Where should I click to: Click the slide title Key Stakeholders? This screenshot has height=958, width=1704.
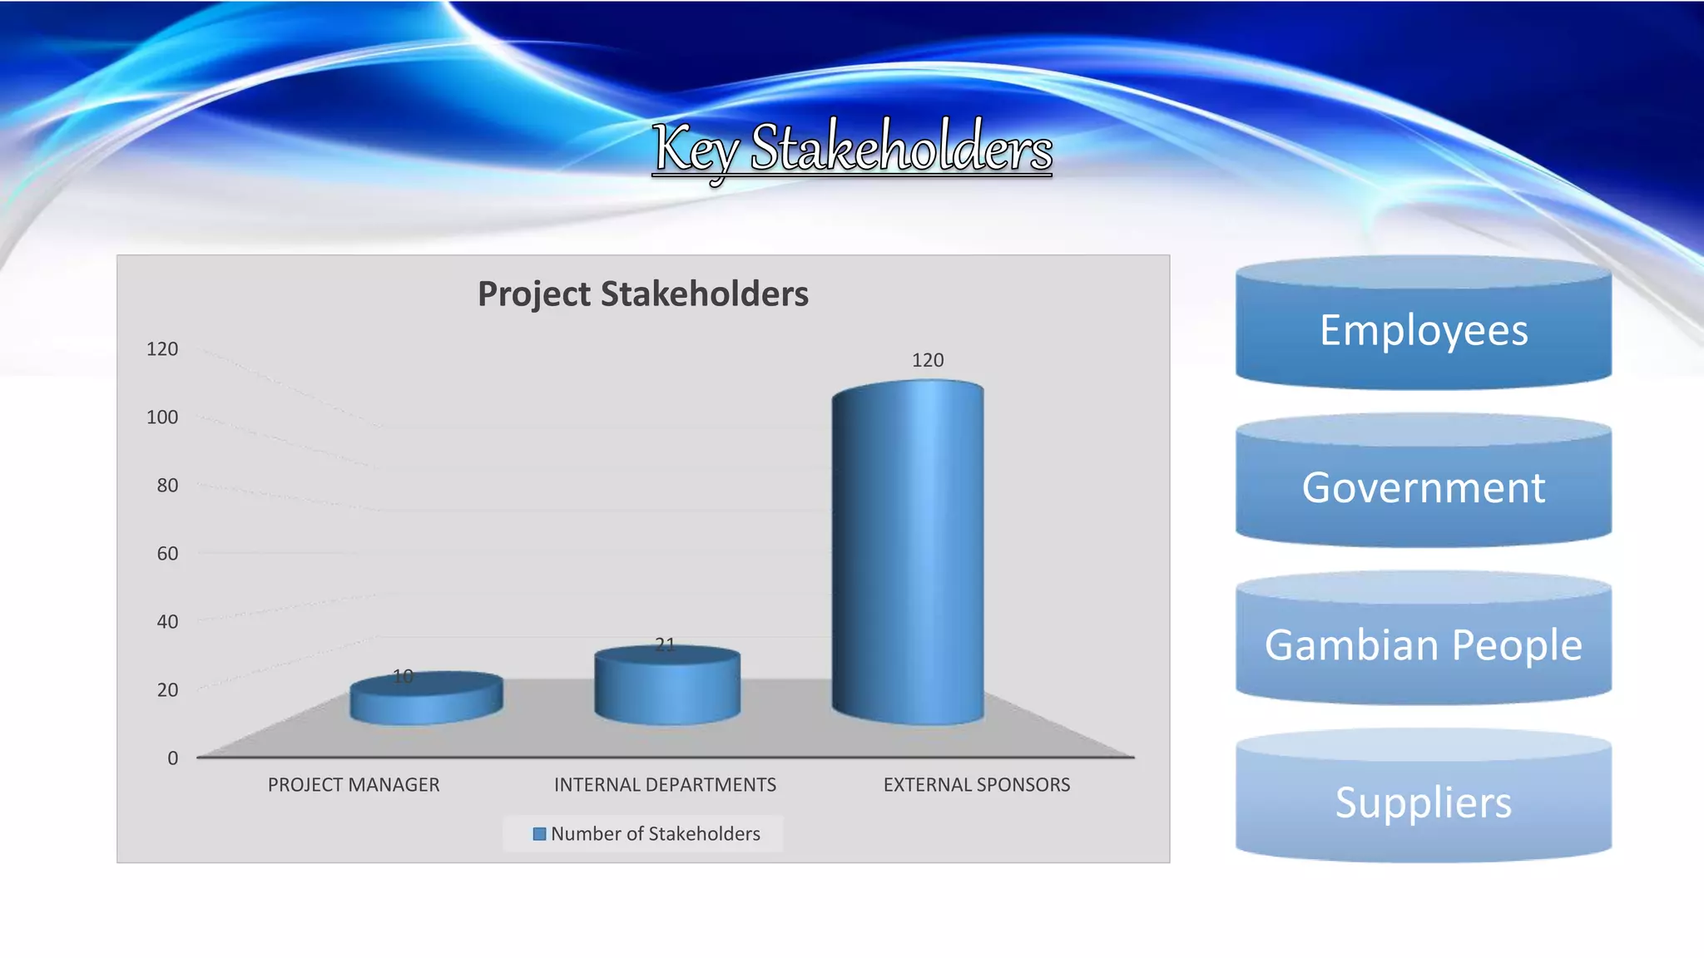(852, 148)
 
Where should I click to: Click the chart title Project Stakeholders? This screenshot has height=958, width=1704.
(642, 294)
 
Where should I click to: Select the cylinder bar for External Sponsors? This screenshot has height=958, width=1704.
(908, 553)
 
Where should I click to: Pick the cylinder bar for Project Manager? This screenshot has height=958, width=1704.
(426, 700)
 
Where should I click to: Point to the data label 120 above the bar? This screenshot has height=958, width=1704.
(927, 360)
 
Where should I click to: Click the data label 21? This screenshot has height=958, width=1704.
(665, 644)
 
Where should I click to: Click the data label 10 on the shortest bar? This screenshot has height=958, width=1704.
(403, 676)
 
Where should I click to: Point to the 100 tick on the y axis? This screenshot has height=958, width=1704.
(162, 417)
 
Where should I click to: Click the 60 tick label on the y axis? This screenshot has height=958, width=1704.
(167, 554)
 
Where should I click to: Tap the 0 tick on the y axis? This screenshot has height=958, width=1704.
(172, 758)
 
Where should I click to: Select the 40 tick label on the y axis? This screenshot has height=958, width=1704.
(167, 622)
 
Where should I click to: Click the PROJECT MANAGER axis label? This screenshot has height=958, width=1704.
(354, 785)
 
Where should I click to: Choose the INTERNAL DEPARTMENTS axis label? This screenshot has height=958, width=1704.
(665, 785)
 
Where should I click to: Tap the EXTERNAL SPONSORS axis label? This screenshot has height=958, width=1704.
(976, 785)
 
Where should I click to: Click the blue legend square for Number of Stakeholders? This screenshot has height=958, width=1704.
(539, 834)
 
